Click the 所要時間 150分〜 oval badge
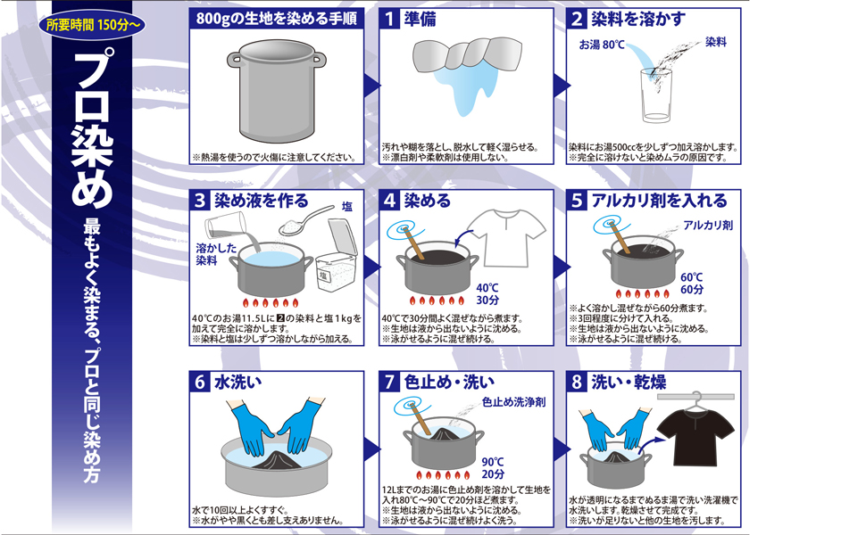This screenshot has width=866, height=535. [x=92, y=24]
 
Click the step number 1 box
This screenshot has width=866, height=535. [x=389, y=19]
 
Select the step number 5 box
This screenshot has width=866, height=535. [x=577, y=201]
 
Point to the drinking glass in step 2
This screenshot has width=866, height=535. [x=655, y=95]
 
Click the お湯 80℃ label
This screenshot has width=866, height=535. [x=602, y=44]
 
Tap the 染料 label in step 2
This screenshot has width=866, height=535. [x=716, y=42]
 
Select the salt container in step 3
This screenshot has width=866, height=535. [x=336, y=255]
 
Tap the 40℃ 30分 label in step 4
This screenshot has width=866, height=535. [x=487, y=294]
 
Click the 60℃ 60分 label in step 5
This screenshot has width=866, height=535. [x=692, y=284]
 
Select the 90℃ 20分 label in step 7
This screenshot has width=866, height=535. [x=493, y=468]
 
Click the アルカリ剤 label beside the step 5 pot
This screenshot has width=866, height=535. [x=708, y=225]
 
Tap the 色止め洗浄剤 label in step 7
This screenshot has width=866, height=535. [x=513, y=402]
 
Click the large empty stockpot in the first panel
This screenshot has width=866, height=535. [x=277, y=90]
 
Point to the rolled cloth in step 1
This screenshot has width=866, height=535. [x=467, y=55]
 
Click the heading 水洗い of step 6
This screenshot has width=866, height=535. [x=238, y=382]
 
